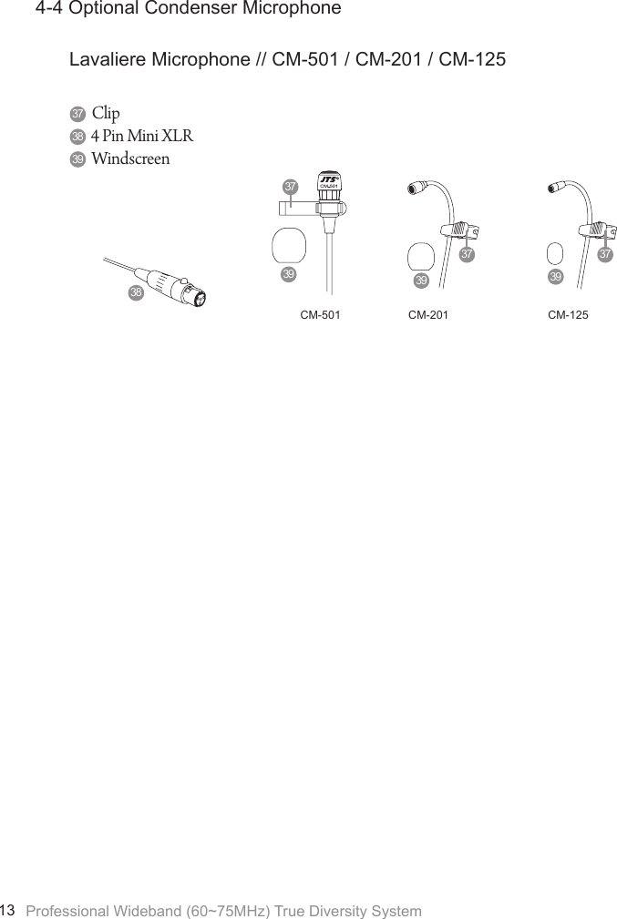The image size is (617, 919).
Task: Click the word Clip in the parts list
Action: pyautogui.click(x=106, y=114)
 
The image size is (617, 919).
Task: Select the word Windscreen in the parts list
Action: pyautogui.click(x=130, y=158)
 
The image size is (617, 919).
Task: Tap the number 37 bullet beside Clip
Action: pyautogui.click(x=77, y=114)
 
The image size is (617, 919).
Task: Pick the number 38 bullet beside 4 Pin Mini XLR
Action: pyautogui.click(x=77, y=137)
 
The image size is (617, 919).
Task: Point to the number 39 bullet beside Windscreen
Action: pyautogui.click(x=77, y=158)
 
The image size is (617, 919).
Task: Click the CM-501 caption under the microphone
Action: pyautogui.click(x=320, y=315)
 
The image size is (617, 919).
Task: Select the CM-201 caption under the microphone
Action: pyautogui.click(x=428, y=315)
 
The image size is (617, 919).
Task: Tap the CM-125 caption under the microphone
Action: pyautogui.click(x=568, y=315)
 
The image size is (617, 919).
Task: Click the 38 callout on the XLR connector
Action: pyautogui.click(x=136, y=293)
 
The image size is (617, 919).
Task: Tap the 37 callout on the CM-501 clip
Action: pyautogui.click(x=290, y=187)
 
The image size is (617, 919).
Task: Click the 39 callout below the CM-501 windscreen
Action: pyautogui.click(x=288, y=274)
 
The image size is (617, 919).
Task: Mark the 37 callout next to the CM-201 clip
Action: pyautogui.click(x=467, y=254)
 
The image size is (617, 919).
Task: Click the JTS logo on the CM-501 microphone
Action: pyautogui.click(x=329, y=179)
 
